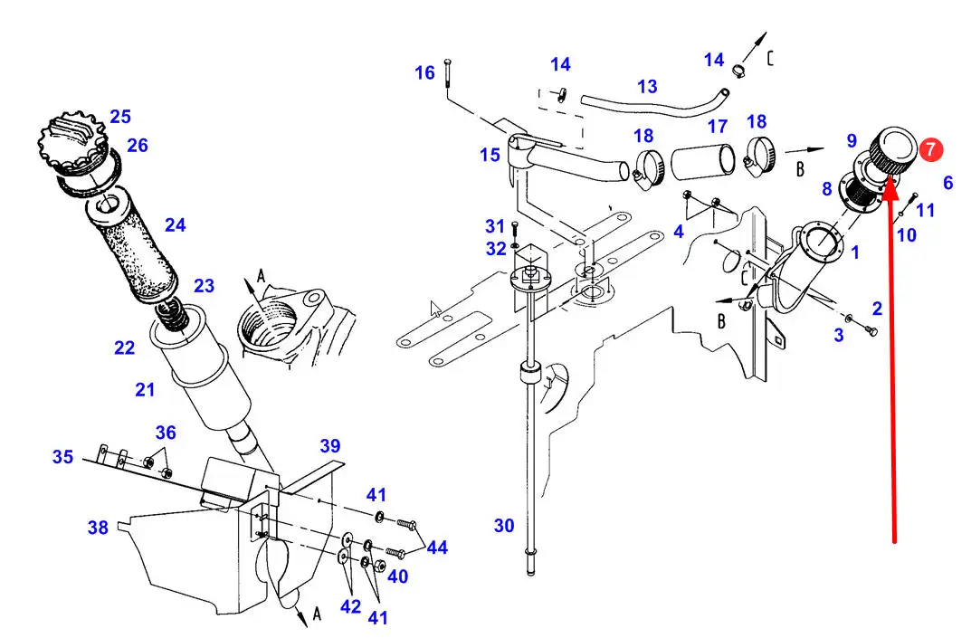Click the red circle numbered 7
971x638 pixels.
tap(930, 150)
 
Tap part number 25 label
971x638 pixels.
tap(120, 117)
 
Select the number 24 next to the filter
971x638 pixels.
tap(176, 224)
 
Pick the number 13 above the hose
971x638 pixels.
tap(647, 86)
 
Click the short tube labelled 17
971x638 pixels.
tap(702, 160)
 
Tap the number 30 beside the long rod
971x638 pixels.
tap(504, 526)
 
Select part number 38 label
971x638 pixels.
tap(98, 528)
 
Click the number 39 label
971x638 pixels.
tap(330, 446)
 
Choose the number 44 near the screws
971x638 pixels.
tap(437, 548)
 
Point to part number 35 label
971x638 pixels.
tap(62, 457)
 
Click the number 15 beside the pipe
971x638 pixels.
tap(490, 155)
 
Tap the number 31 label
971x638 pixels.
tap(495, 226)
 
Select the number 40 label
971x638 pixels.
tap(397, 576)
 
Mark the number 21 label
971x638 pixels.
tap(145, 390)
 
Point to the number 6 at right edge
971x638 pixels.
tap(948, 183)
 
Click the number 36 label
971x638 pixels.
tap(166, 433)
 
